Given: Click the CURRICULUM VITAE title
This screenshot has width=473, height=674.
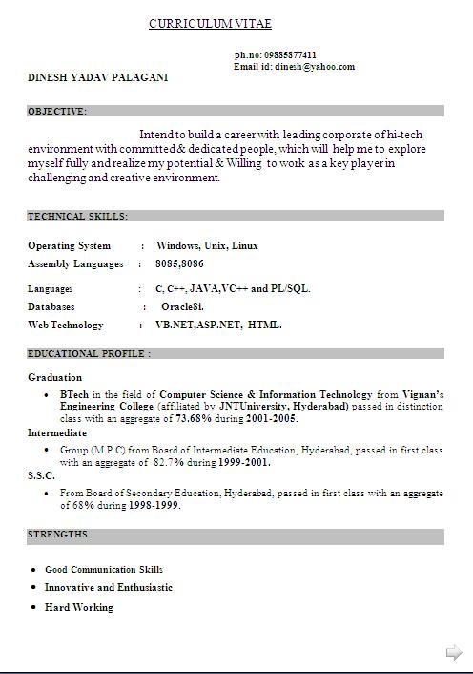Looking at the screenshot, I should pos(210,24).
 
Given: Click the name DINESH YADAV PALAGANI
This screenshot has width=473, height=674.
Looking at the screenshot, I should pos(97,77).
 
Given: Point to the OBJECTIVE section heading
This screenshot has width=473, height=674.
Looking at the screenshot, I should pos(57,111).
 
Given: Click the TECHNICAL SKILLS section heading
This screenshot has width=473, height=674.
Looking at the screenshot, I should pos(77,217).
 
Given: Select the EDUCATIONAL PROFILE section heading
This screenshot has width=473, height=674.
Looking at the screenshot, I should pos(89,353).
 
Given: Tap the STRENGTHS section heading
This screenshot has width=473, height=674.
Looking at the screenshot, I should pos(57,535).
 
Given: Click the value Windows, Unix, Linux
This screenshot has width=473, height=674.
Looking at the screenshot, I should pos(207,245).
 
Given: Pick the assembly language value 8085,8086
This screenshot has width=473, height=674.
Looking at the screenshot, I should pos(179,263).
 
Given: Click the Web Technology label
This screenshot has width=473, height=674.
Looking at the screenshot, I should pos(65,326).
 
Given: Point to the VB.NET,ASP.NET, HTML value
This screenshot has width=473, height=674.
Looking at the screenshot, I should pos(218,326).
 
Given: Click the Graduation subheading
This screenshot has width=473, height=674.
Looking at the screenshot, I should pos(55,377).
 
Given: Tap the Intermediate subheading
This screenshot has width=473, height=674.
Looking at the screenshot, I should pos(57,432).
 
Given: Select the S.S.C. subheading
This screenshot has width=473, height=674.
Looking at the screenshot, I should pos(41,475).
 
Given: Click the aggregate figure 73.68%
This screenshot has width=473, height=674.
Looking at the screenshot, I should pos(197,418).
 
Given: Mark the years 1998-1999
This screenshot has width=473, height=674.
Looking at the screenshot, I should pos(154,505).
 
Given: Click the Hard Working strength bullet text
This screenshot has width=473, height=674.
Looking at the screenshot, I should pos(78,607).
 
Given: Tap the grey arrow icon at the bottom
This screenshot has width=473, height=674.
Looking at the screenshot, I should pos(454,653).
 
